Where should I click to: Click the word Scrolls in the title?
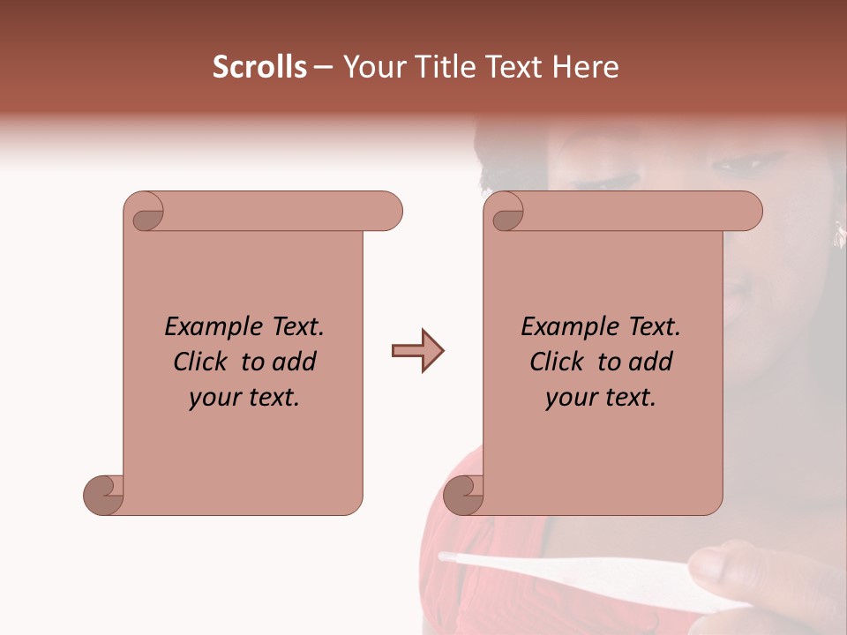click(259, 67)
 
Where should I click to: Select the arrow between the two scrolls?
click(417, 351)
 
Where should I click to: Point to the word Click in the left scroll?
click(202, 362)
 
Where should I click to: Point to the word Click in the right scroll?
click(558, 362)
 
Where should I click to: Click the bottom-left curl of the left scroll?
click(104, 495)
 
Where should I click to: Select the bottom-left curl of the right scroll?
click(464, 495)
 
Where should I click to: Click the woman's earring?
click(836, 234)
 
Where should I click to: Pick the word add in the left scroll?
click(294, 362)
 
